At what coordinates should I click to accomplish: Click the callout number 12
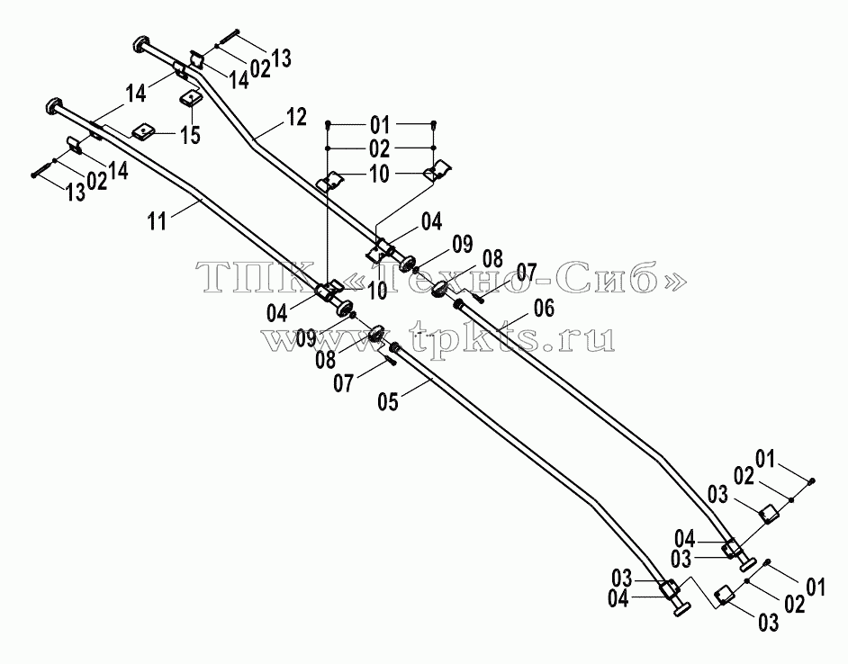click(x=296, y=117)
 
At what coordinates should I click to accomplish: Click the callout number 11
click(x=158, y=221)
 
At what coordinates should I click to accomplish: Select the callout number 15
click(x=190, y=135)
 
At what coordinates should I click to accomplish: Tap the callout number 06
click(x=544, y=309)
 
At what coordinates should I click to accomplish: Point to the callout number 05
click(x=389, y=401)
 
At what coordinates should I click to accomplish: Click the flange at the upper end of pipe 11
click(x=54, y=105)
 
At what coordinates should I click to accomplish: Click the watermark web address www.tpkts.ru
click(x=438, y=337)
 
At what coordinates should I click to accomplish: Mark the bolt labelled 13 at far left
click(x=42, y=169)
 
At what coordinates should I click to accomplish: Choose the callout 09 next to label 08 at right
click(x=463, y=245)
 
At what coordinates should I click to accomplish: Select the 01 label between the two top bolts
click(x=380, y=125)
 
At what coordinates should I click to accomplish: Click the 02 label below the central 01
click(x=380, y=148)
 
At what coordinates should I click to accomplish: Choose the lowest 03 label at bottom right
click(x=769, y=623)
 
